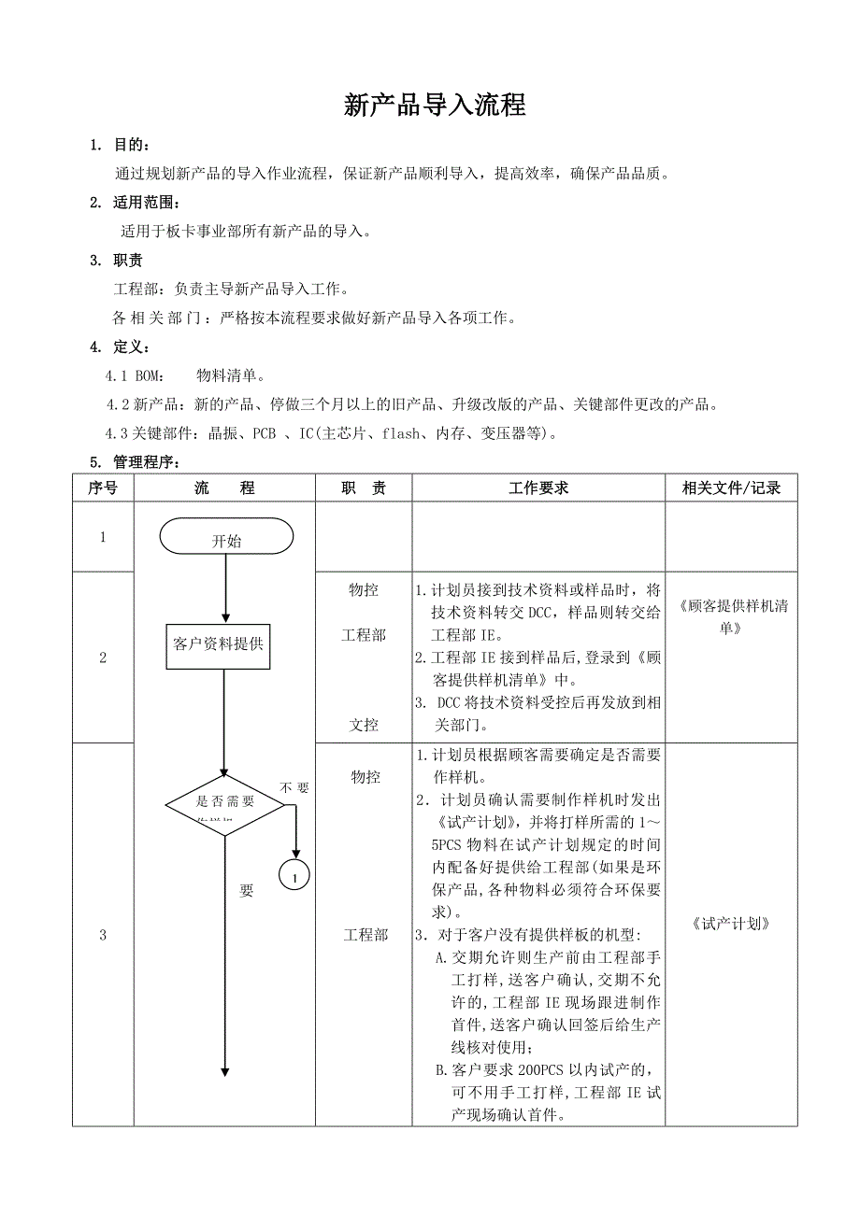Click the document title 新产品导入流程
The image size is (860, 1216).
(435, 106)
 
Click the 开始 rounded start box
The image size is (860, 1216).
(226, 537)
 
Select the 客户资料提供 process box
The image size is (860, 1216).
(219, 644)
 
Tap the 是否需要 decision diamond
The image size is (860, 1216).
(225, 804)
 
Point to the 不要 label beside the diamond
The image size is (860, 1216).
(295, 787)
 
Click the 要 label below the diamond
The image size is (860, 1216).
(246, 891)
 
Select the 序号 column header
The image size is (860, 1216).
(103, 488)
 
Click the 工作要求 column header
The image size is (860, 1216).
(538, 488)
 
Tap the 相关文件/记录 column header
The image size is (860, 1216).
(731, 488)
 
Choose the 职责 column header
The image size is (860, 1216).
(364, 488)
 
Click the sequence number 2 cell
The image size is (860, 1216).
(103, 657)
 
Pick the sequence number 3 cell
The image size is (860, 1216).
(103, 935)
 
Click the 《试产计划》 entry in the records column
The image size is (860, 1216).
(731, 924)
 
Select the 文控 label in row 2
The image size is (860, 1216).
(364, 724)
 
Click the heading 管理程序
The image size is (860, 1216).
(144, 462)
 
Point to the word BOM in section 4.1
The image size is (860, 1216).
(149, 376)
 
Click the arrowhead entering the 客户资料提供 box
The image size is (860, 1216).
(225, 618)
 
